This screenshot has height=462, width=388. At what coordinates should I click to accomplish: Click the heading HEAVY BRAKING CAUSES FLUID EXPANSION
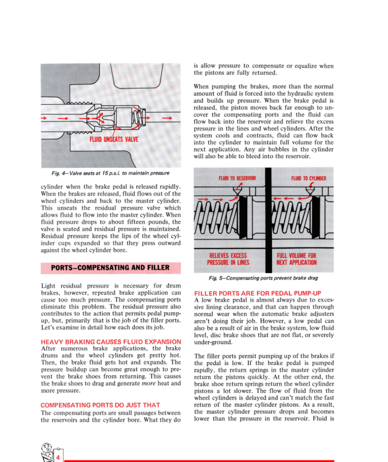point(110,342)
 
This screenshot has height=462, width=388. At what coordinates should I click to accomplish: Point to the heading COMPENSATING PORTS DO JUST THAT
point(100,405)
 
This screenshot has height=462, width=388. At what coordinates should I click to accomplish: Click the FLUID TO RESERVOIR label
point(237,179)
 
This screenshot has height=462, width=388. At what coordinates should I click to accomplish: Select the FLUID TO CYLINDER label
point(309,179)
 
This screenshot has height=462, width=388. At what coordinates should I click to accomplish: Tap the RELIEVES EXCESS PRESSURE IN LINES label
point(228,259)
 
